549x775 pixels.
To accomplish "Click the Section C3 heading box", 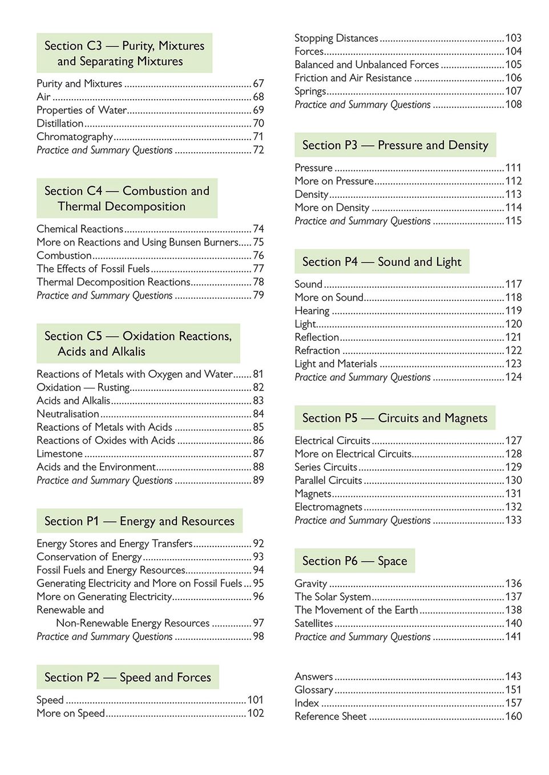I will click(x=124, y=53).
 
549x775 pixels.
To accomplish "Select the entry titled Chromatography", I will click(x=75, y=137).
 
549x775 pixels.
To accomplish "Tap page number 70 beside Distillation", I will click(x=259, y=123).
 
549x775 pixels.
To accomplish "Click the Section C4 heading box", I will click(x=127, y=198).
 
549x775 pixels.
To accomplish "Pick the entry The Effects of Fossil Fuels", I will click(x=93, y=268).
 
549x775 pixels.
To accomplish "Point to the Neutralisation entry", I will click(x=68, y=414).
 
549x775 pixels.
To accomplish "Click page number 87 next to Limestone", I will click(x=259, y=454).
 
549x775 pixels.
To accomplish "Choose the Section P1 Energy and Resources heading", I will click(x=139, y=521).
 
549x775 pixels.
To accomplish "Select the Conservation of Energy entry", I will click(x=89, y=557).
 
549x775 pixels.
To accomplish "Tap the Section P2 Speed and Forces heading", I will click(x=128, y=677).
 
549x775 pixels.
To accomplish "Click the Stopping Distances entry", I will click(x=336, y=38).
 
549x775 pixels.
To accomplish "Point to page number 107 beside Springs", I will click(x=513, y=91).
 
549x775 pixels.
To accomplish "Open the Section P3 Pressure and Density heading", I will click(x=395, y=145).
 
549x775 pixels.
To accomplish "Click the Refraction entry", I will click(x=317, y=350).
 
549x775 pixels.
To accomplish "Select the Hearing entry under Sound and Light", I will click(x=312, y=311).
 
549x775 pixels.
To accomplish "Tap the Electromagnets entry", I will click(x=328, y=507).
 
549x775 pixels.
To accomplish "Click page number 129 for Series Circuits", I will click(x=513, y=467).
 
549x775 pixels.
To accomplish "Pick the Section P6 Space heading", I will click(x=354, y=561).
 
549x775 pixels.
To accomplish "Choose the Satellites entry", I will click(x=313, y=623).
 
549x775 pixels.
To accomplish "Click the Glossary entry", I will click(x=314, y=690).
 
